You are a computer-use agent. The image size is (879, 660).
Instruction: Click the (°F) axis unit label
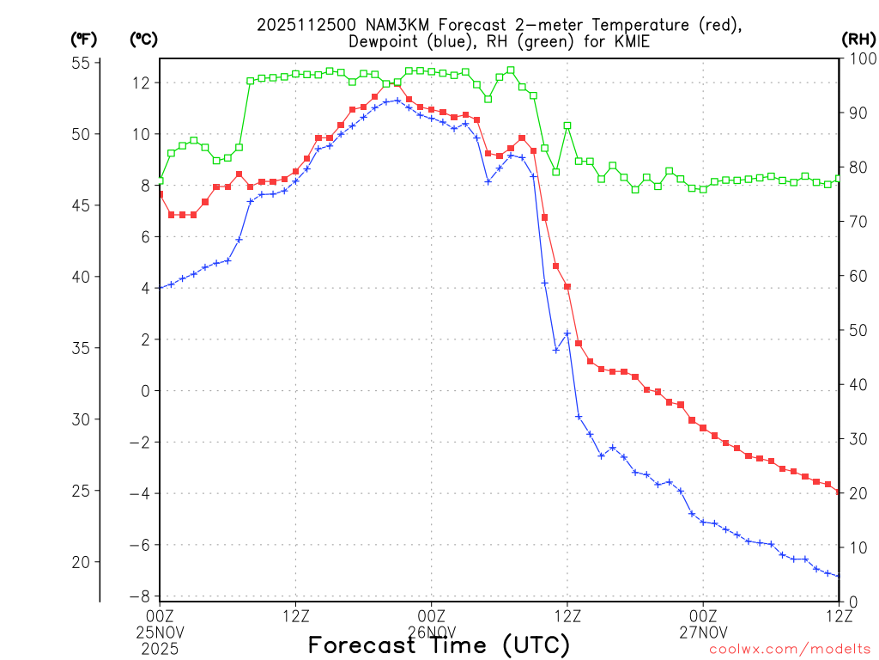click(83, 40)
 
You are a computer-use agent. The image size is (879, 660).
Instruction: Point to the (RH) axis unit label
click(857, 40)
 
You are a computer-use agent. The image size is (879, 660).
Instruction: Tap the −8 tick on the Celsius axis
click(139, 596)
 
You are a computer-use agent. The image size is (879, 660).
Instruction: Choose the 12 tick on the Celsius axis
click(142, 83)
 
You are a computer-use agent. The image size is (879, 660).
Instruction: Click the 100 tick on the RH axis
click(859, 59)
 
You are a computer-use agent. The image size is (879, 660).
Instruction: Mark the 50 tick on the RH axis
click(856, 330)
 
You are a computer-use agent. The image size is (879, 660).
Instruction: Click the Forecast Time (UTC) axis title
click(439, 645)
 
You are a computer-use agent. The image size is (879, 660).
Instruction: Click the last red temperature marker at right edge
click(839, 491)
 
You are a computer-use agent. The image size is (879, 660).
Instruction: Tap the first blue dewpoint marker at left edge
click(161, 287)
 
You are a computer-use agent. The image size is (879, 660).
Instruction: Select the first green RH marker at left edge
click(161, 180)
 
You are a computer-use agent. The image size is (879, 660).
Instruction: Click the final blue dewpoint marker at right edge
click(839, 576)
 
